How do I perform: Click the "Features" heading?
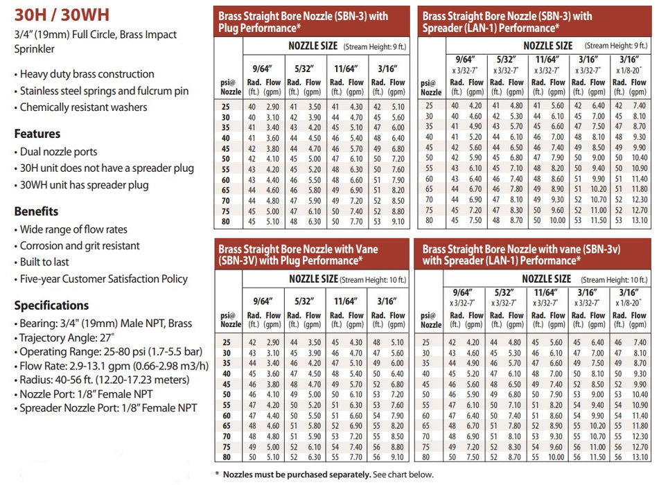(x=37, y=134)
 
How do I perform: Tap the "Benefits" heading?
(x=36, y=211)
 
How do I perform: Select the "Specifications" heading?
(x=51, y=306)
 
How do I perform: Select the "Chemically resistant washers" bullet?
(x=83, y=107)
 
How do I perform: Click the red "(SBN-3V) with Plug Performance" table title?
(x=310, y=254)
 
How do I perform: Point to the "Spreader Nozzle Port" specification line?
(x=109, y=408)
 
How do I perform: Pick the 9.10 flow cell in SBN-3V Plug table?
(x=398, y=457)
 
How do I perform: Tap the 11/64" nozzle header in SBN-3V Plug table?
(x=345, y=302)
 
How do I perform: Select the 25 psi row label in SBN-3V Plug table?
(x=226, y=342)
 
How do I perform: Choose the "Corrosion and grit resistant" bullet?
(x=80, y=245)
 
